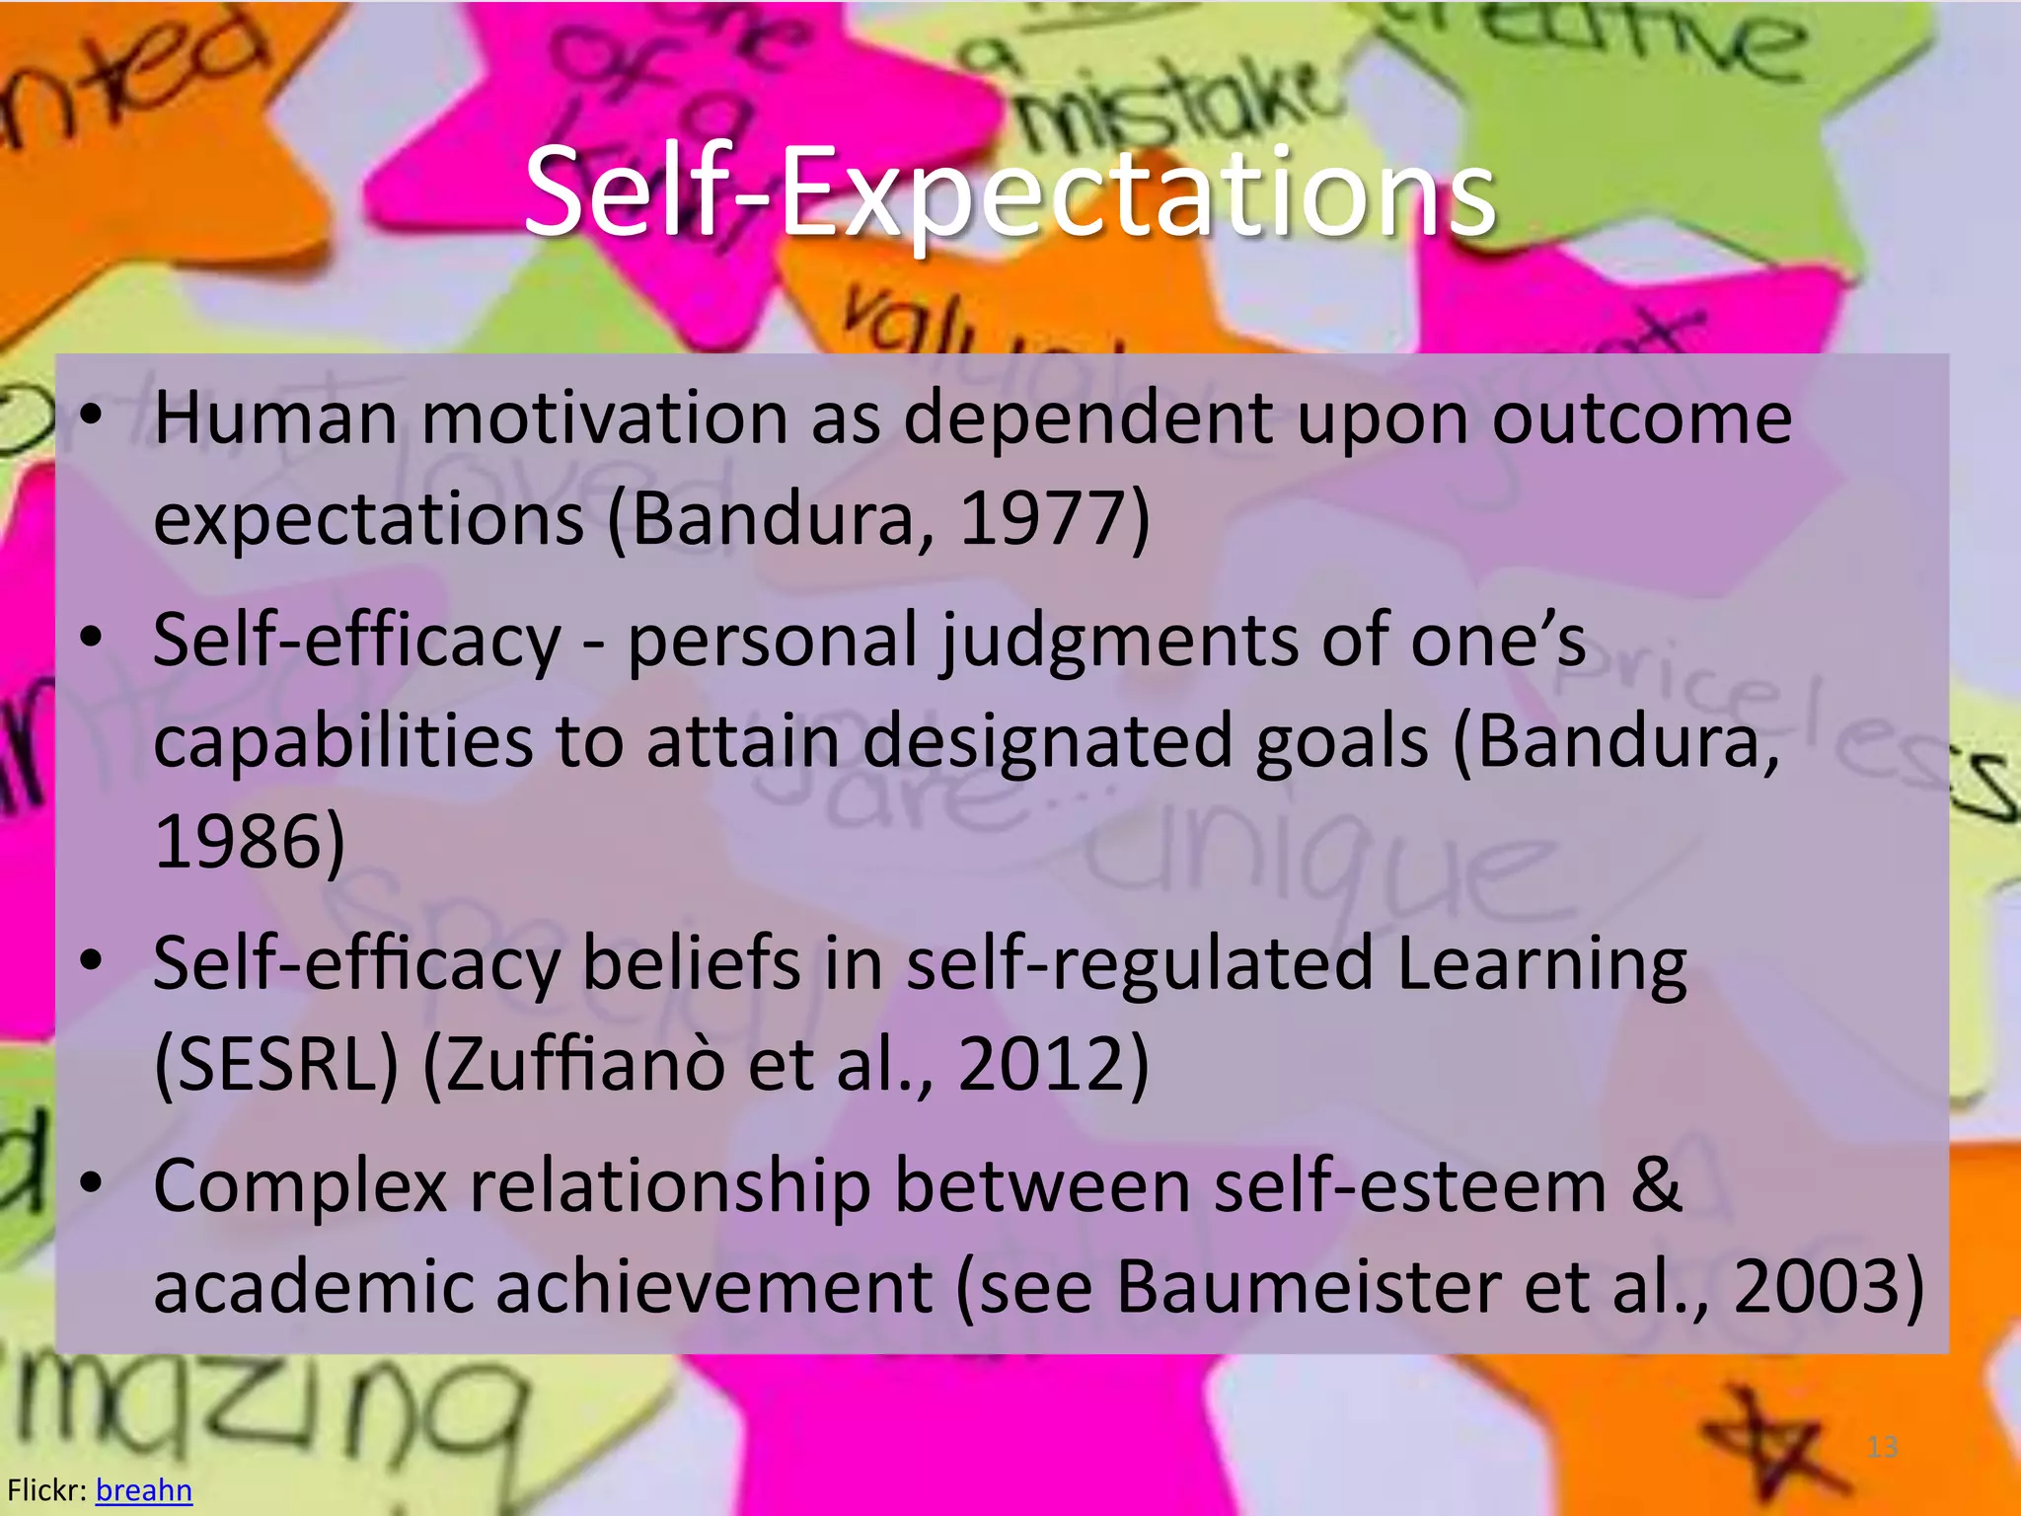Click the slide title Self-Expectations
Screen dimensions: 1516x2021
point(1010,192)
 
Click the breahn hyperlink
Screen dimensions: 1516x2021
point(143,1489)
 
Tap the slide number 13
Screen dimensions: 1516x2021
point(1882,1447)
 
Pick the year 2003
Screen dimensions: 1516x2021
point(1817,1287)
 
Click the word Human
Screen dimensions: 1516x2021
point(275,418)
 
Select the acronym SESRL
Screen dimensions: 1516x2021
point(277,1064)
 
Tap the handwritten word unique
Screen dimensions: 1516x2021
point(1322,859)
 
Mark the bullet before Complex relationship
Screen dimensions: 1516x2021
point(92,1183)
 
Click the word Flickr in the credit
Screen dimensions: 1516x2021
point(45,1489)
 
